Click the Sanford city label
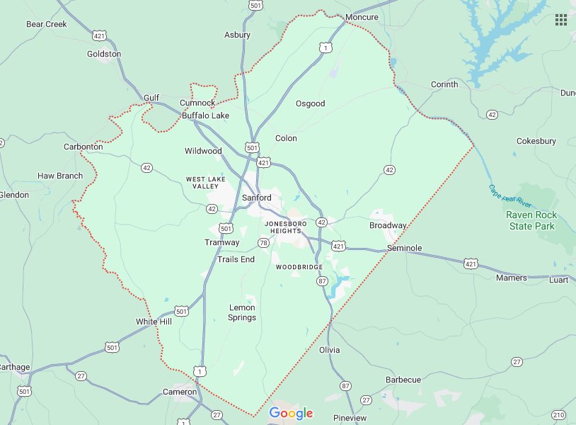coord(256,198)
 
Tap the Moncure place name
coord(362,17)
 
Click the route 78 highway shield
coord(264,243)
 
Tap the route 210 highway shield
coord(558,414)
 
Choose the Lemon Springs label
coord(242,312)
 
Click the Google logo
coord(291,414)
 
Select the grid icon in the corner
coord(561,20)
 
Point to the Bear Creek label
coord(46,24)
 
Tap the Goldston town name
coord(104,54)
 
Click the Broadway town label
coord(388,225)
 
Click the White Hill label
coord(154,322)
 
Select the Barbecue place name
coord(403,380)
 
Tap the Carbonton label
coord(83,147)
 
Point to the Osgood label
coord(310,103)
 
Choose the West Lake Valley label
coord(206,183)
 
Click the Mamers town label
coord(512,278)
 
